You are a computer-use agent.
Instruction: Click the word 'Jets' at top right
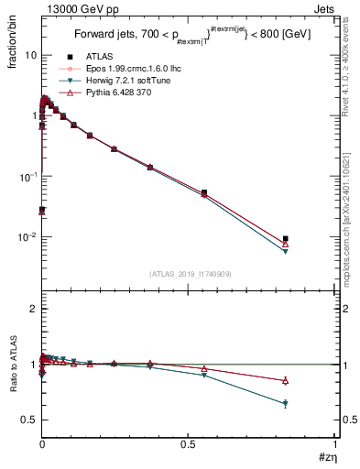point(323,8)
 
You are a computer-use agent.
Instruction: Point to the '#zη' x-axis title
point(327,457)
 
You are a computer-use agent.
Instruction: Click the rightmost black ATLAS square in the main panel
point(286,239)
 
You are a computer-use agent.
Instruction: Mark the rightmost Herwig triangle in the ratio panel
point(286,403)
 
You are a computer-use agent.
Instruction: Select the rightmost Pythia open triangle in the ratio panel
point(286,380)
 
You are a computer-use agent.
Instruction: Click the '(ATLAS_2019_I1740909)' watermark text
point(190,274)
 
